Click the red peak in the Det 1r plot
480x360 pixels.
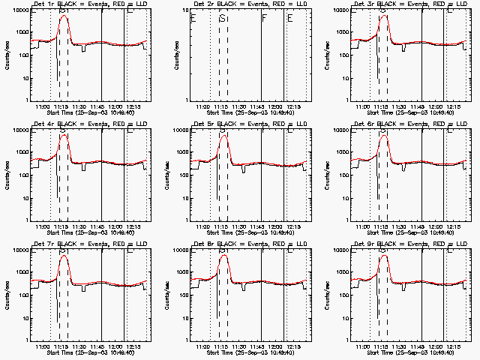click(63, 16)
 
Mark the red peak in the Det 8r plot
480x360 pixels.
click(223, 256)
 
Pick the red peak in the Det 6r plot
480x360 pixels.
click(384, 136)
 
